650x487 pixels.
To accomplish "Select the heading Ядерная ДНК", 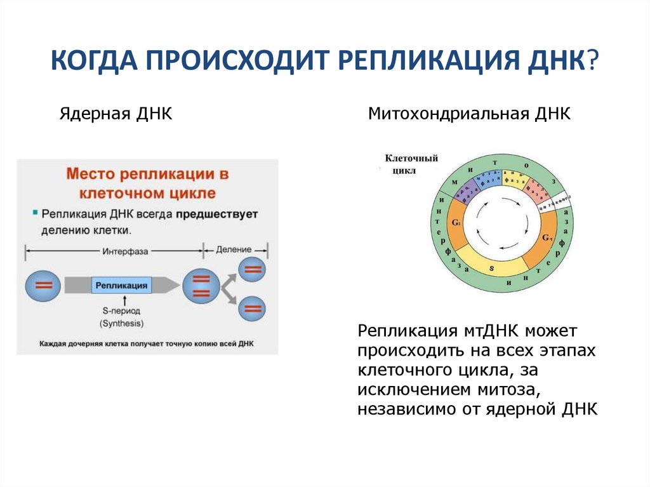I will click(117, 114).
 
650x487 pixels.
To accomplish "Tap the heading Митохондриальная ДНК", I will click(470, 114).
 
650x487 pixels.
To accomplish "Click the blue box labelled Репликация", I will click(121, 286).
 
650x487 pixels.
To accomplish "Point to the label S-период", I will click(121, 311).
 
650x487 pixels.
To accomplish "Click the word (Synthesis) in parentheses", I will click(121, 323).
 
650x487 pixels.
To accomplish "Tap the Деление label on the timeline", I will click(234, 250).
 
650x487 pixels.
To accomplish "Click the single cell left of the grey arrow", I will click(43, 286).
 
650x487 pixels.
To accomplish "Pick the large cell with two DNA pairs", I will click(201, 286).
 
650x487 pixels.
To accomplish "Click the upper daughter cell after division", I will click(253, 269).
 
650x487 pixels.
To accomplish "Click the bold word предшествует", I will click(217, 215).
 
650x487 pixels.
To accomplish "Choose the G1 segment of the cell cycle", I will click(547, 238).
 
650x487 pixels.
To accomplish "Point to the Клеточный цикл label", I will click(411, 165).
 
